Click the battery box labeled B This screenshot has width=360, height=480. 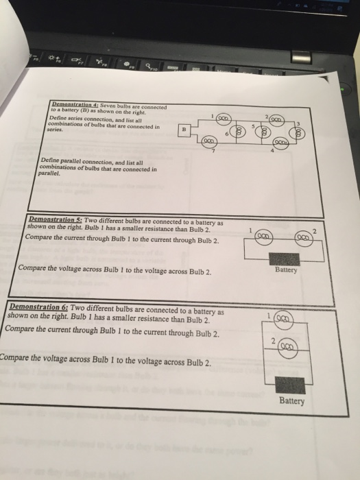click(183, 129)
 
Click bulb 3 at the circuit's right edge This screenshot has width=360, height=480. click(300, 133)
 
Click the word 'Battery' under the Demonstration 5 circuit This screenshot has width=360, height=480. click(285, 270)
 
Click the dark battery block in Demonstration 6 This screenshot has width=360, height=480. click(289, 385)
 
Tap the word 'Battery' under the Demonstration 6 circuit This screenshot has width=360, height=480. click(292, 401)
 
